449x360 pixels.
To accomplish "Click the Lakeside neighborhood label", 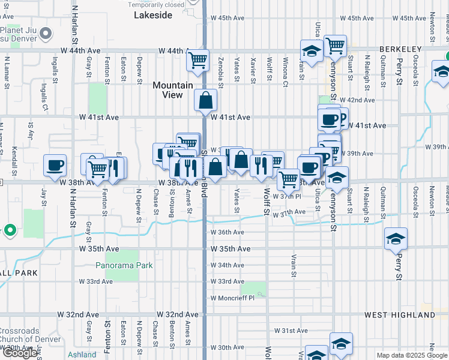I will click(x=152, y=15).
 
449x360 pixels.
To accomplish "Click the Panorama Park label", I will click(x=124, y=265).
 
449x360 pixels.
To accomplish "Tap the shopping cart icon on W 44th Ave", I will click(x=197, y=59).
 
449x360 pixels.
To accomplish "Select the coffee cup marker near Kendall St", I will click(x=55, y=164).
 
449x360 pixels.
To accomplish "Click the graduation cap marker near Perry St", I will click(x=396, y=238).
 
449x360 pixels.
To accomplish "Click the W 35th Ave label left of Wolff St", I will click(x=231, y=248).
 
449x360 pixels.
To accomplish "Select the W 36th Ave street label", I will click(x=227, y=232).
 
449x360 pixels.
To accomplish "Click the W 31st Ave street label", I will click(x=291, y=331).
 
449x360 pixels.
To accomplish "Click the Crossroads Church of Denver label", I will click(x=30, y=335).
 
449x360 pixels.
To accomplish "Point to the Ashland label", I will click(x=82, y=355).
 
